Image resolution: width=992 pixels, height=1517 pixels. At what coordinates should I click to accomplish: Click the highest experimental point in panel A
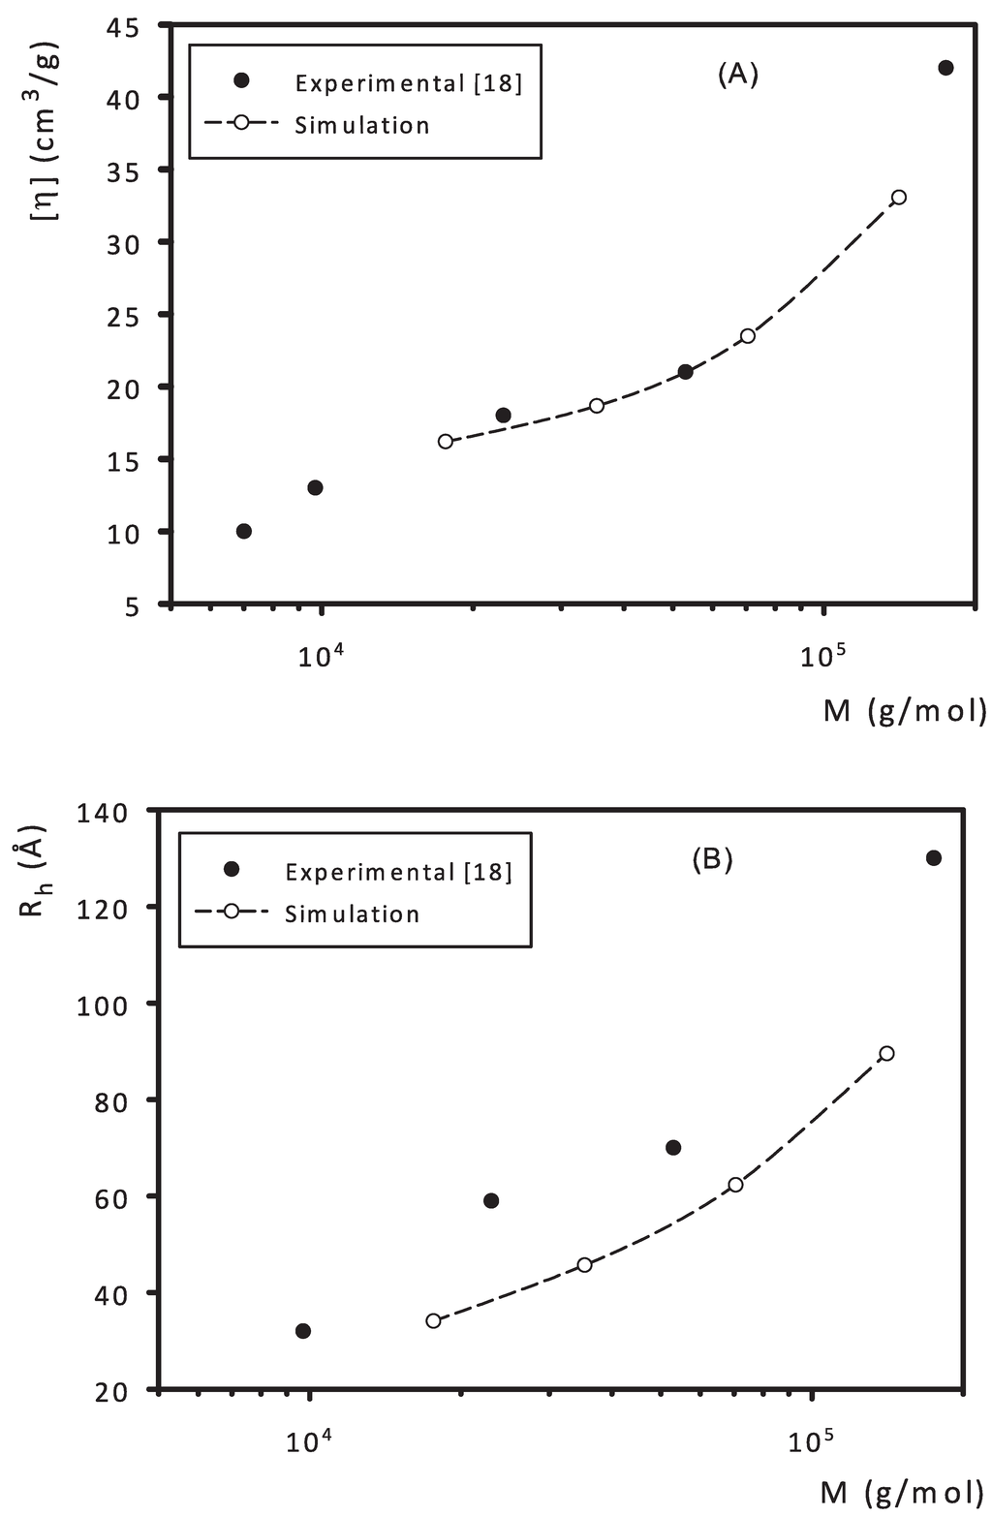coord(945,68)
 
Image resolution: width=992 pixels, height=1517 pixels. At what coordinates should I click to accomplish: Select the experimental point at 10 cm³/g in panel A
coord(244,531)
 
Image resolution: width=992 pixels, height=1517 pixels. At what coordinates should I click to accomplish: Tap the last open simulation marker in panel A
coord(898,197)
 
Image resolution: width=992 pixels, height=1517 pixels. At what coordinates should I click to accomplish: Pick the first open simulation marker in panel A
coord(445,441)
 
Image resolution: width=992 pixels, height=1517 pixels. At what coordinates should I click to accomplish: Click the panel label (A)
coord(737,76)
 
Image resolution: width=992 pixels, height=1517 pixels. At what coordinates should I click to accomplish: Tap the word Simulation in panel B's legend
coord(352,914)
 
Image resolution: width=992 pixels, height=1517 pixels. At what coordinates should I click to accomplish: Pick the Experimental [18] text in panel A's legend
coord(408,83)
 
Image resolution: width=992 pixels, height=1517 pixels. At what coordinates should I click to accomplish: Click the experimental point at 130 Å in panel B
coord(934,857)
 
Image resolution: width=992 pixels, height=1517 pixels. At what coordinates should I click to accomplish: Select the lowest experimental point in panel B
coord(303,1330)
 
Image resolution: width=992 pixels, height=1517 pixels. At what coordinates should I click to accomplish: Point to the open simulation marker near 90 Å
coord(885,1053)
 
